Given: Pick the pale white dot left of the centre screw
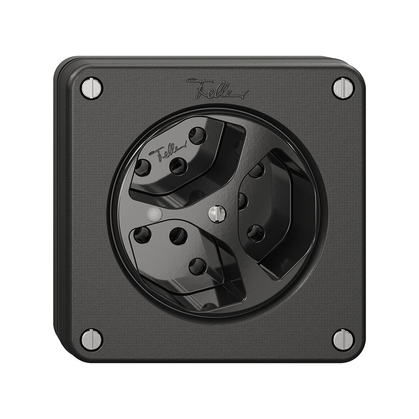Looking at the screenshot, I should (153, 214).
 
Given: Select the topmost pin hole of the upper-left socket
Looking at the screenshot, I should (197, 135).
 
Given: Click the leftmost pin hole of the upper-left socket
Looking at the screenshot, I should (142, 166).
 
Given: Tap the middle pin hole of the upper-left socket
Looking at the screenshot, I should (178, 165).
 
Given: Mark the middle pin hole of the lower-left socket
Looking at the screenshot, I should (178, 236).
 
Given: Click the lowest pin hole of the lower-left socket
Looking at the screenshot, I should (197, 266).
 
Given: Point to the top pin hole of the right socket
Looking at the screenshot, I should (257, 170).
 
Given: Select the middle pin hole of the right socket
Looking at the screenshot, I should (243, 201).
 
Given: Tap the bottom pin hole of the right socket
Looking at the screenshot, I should (256, 233).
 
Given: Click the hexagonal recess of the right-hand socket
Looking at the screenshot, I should (275, 209).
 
